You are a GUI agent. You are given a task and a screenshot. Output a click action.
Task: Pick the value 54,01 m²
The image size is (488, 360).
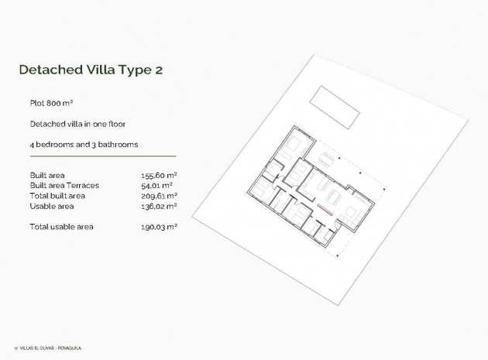click(x=157, y=186)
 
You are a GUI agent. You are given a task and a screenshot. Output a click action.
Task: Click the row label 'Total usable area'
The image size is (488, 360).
click(x=61, y=227)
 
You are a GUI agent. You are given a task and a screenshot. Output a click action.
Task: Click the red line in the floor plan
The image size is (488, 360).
click(x=325, y=209)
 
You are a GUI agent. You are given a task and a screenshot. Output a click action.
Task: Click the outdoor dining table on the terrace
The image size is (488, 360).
click(x=328, y=160)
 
